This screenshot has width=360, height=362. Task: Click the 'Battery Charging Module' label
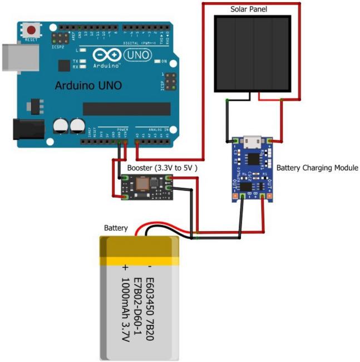coord(317,168)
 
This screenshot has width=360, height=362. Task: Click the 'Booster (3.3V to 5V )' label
coord(163,167)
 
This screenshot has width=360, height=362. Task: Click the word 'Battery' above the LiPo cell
coord(116,228)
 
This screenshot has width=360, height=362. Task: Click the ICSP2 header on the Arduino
coord(58,37)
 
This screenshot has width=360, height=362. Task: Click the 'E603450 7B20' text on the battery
coord(152,304)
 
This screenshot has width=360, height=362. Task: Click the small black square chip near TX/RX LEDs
coord(64,65)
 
